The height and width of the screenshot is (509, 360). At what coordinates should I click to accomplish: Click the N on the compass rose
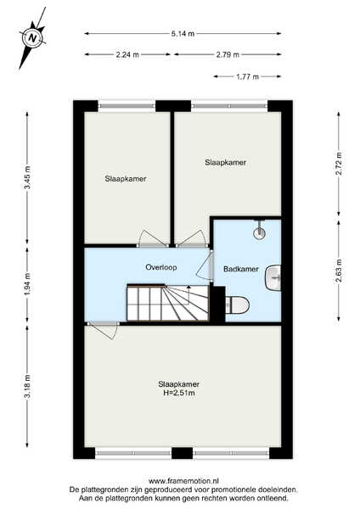32,38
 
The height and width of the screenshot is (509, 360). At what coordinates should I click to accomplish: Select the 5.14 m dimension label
183,33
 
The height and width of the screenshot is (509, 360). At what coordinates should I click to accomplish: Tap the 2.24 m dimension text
127,54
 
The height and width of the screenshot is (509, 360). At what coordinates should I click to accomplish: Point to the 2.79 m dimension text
228,54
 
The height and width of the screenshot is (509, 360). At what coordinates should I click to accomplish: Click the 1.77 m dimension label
247,76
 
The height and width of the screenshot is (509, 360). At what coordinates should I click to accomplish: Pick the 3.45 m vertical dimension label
27,177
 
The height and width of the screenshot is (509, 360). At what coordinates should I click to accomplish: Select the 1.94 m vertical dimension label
27,284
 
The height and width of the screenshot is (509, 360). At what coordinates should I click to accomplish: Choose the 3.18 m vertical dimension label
27,386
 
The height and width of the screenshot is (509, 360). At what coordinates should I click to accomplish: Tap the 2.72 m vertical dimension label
339,163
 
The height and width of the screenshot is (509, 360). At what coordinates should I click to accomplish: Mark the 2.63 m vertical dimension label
339,271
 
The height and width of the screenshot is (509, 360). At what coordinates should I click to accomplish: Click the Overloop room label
161,267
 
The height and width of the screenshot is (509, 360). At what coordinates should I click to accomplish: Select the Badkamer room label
241,269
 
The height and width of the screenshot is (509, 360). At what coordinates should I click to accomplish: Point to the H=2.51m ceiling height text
178,393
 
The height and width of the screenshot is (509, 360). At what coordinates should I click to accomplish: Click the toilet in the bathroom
238,305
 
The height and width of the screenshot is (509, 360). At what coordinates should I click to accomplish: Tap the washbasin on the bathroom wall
273,278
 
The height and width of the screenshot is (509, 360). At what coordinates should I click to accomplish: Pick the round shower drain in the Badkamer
259,232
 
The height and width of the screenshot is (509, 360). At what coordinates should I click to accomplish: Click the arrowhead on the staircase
188,288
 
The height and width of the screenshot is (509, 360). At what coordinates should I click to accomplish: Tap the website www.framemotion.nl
183,480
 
